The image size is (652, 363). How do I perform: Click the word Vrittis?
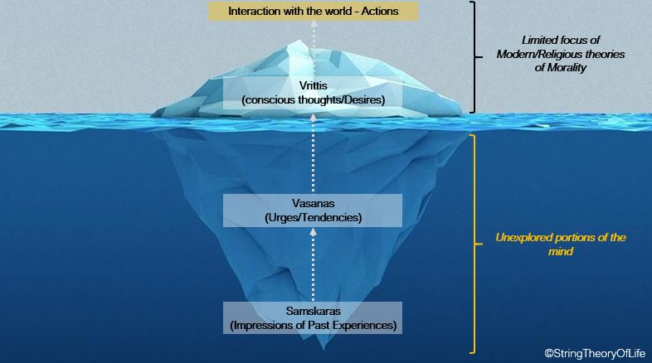313,86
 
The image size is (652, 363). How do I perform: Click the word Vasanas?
313,204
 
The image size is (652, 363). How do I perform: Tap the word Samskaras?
313,310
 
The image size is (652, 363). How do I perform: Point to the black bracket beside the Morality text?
473,56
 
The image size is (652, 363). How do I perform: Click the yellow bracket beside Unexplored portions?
473,244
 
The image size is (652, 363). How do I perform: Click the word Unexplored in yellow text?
524,238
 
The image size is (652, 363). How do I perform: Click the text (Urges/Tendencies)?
313,218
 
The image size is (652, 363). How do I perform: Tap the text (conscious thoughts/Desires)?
313,100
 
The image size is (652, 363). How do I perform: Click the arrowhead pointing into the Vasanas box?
313,234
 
